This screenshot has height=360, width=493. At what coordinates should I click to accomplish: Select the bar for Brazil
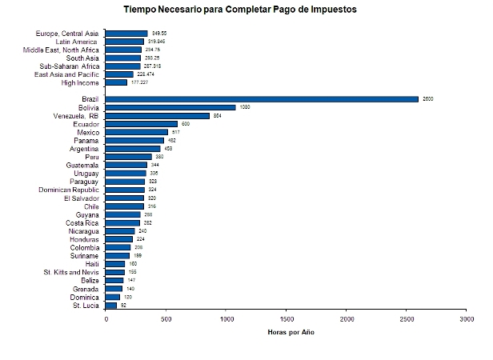262,99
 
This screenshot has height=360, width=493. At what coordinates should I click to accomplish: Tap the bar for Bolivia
170,107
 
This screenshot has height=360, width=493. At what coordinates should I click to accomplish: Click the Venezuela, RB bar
158,116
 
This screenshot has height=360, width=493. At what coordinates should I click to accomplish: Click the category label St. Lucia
86,305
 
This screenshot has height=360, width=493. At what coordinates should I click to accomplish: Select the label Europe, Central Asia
68,33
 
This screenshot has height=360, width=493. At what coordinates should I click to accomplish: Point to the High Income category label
81,82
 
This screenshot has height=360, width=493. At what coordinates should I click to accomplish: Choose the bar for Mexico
137,132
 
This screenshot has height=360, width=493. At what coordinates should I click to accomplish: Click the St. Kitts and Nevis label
70,272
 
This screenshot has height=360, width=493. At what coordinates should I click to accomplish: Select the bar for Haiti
115,264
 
